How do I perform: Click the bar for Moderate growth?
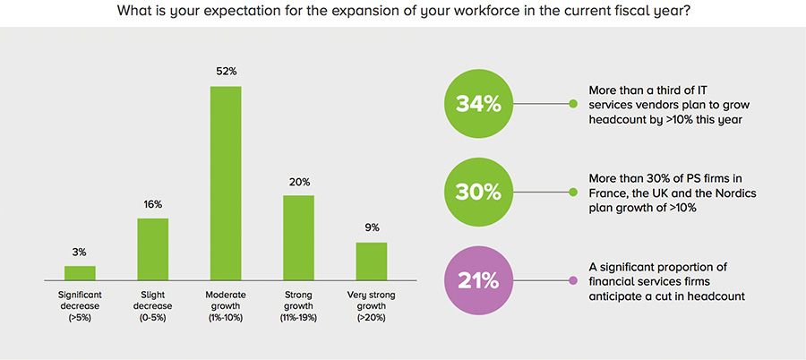[x=226, y=184]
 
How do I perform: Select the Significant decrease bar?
[x=80, y=273]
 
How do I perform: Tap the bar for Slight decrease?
[x=152, y=249]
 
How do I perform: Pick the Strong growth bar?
[x=298, y=237]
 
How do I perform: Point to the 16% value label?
[x=152, y=204]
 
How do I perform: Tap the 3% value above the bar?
[x=80, y=253]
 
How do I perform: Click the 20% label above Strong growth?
[x=298, y=182]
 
